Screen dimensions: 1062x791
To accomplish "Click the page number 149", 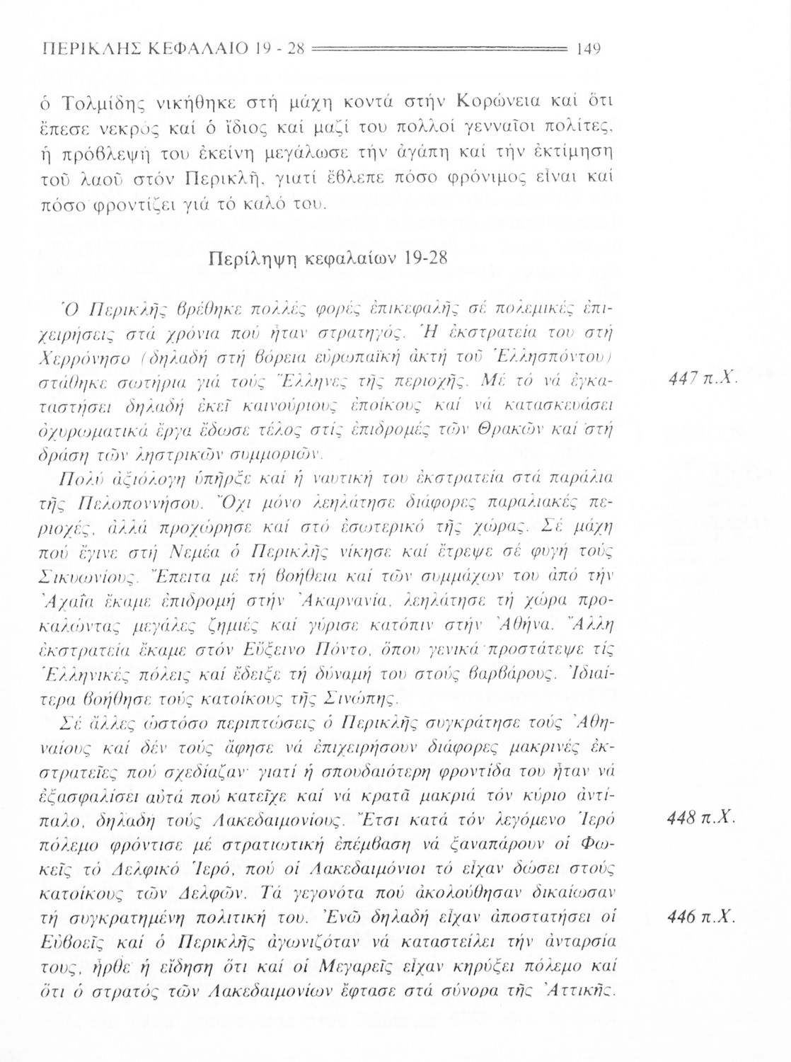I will [589, 50].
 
